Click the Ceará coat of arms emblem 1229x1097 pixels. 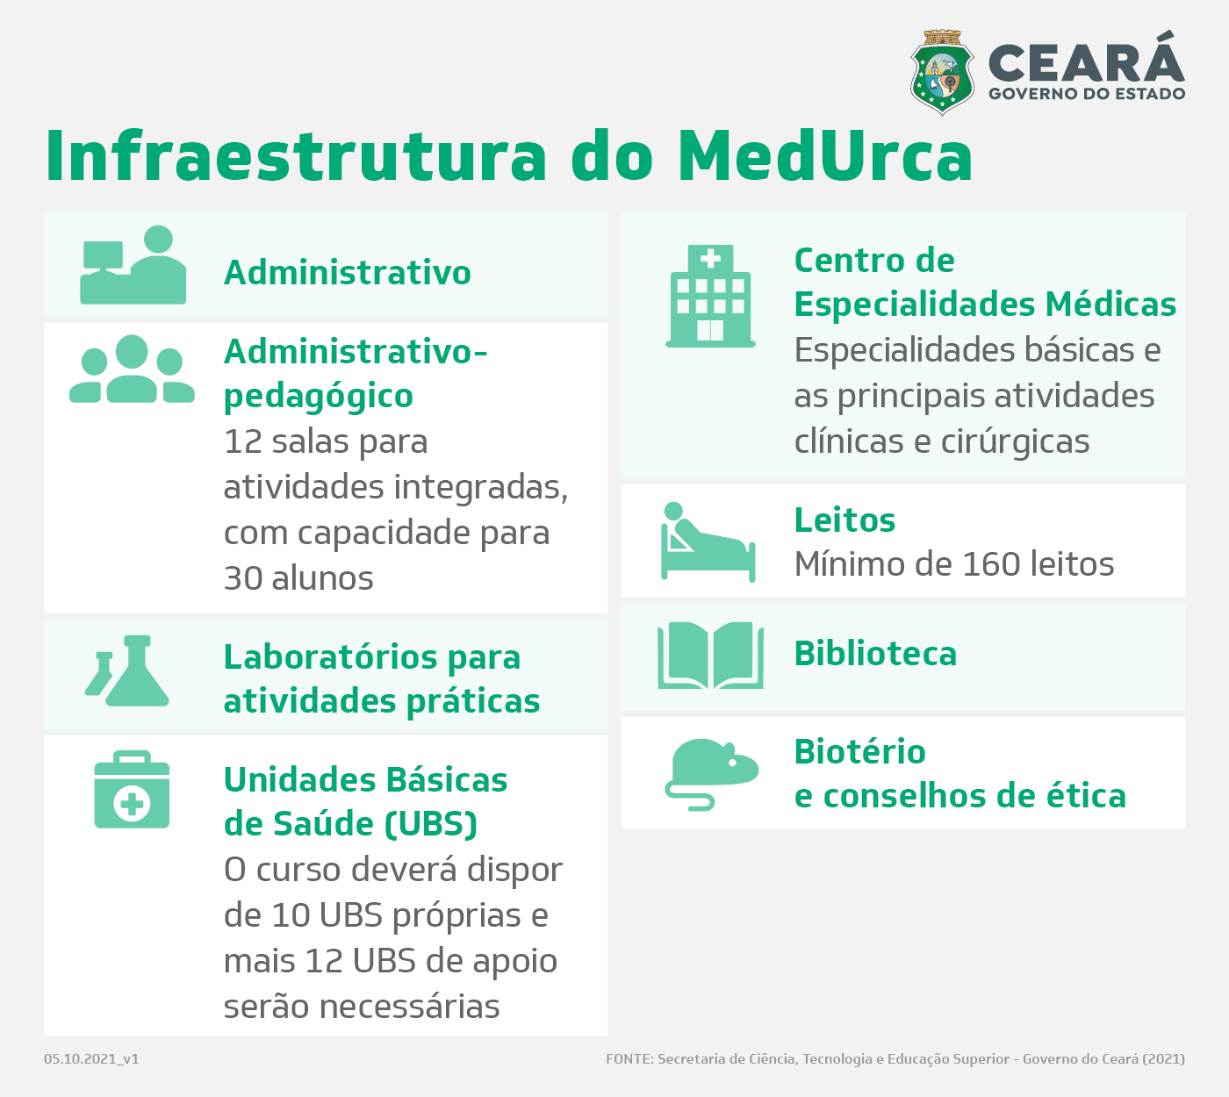pos(941,73)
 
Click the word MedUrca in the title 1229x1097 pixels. pos(825,156)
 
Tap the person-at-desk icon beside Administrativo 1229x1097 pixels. pos(133,265)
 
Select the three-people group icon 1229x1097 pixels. pos(132,369)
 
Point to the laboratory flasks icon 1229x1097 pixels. pos(126,670)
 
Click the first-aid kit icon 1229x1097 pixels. pos(132,789)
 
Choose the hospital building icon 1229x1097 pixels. pos(710,296)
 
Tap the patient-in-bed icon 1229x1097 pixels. pos(708,542)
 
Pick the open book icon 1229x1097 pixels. pos(710,656)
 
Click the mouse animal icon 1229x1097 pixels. pos(712,774)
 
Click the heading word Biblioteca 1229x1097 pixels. pos(875,654)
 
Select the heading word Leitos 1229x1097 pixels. pos(845,520)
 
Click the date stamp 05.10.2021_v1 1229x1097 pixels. pos(91,1059)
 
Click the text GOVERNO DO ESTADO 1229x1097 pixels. pos(1087,93)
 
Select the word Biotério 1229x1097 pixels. pos(860,752)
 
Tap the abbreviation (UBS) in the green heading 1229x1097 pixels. pos(431,824)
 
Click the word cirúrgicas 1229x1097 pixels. pos(1016,441)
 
